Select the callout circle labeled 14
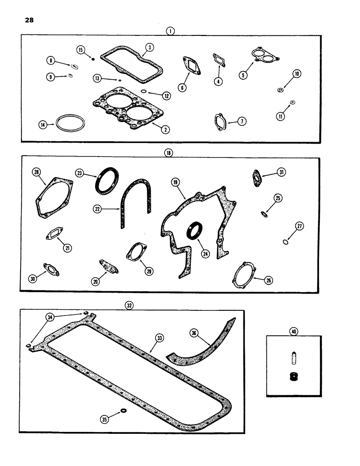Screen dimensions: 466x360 (43, 124)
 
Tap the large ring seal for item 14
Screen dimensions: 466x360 (69, 124)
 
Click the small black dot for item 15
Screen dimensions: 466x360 (93, 59)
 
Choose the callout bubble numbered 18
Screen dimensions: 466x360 (168, 153)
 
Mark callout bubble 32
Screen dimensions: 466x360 (129, 306)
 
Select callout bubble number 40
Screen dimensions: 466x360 (293, 331)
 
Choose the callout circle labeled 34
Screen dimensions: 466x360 (49, 317)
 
